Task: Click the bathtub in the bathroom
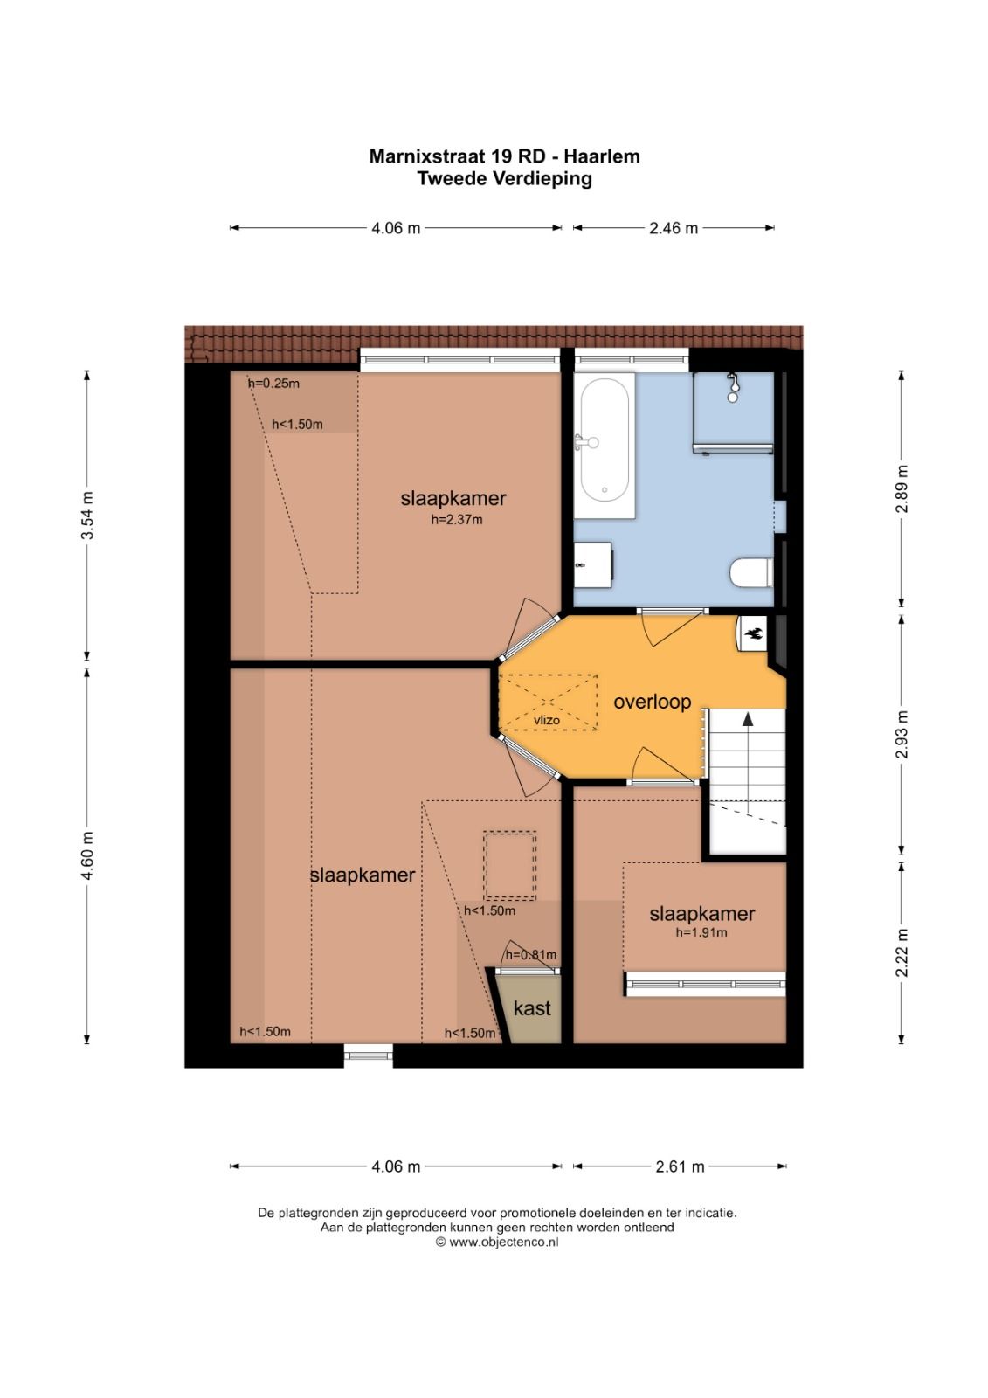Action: [x=605, y=445]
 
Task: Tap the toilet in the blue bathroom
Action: [x=751, y=572]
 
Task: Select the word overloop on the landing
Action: [x=653, y=702]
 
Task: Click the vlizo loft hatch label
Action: [x=547, y=720]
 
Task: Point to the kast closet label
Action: [x=532, y=1008]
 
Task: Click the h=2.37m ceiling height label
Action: [x=456, y=519]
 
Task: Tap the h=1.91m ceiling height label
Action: [x=701, y=932]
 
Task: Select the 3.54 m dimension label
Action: [x=88, y=516]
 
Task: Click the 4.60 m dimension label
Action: [x=88, y=855]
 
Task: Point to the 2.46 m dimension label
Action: [x=673, y=228]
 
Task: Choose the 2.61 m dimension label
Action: [x=680, y=1166]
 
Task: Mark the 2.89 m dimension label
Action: [x=902, y=488]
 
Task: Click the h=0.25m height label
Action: [x=274, y=384]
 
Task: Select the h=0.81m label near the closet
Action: [x=530, y=954]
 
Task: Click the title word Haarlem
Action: [x=602, y=156]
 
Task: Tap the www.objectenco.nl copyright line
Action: [x=497, y=1242]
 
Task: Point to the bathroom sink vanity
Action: [x=592, y=564]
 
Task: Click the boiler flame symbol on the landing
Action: [x=753, y=634]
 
